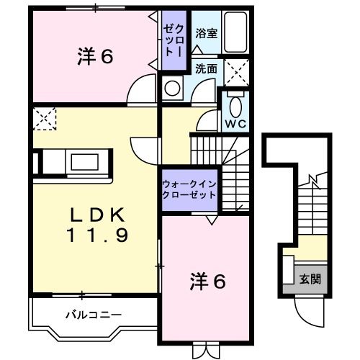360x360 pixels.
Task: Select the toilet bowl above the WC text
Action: click(x=235, y=105)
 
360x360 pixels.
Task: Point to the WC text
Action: click(x=235, y=123)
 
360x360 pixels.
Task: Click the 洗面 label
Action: click(x=205, y=69)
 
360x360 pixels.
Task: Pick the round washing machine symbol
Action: click(x=173, y=89)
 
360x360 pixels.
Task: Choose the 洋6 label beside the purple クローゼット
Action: click(x=94, y=57)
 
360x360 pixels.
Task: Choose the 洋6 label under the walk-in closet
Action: click(x=209, y=282)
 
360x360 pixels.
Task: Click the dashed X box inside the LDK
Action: click(x=45, y=117)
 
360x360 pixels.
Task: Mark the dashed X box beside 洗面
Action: click(x=235, y=71)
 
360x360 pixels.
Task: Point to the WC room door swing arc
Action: click(x=207, y=121)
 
